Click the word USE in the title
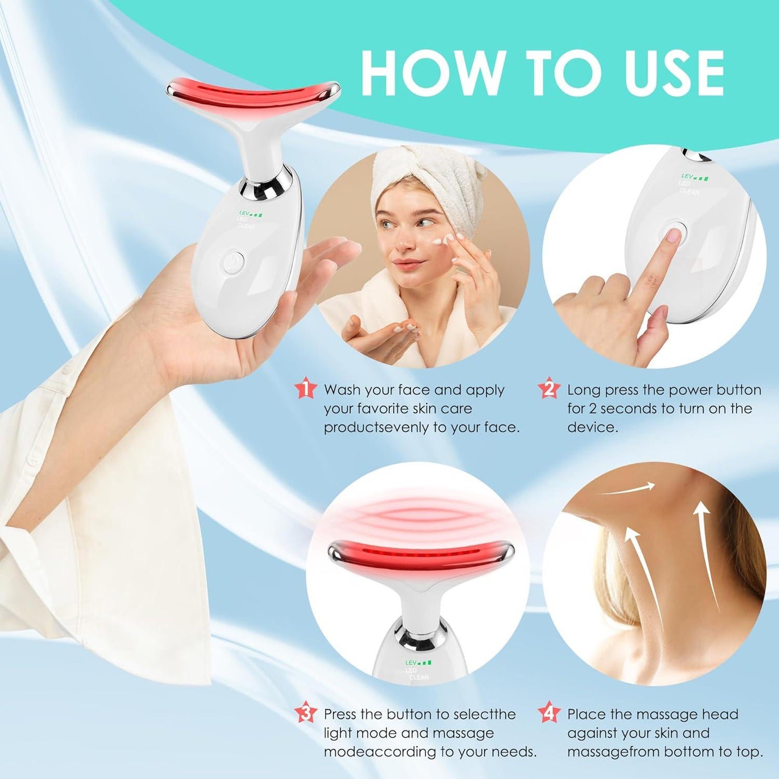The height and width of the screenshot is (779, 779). tap(672, 73)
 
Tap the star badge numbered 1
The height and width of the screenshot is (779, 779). tap(306, 388)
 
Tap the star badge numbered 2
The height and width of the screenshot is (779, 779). tap(549, 388)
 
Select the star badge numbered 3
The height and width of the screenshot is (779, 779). tap(306, 713)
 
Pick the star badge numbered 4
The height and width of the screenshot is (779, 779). tap(549, 713)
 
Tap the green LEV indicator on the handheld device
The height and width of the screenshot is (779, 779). tap(251, 213)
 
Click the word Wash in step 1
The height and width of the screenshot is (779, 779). tap(342, 390)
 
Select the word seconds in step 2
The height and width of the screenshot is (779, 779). tap(629, 409)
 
